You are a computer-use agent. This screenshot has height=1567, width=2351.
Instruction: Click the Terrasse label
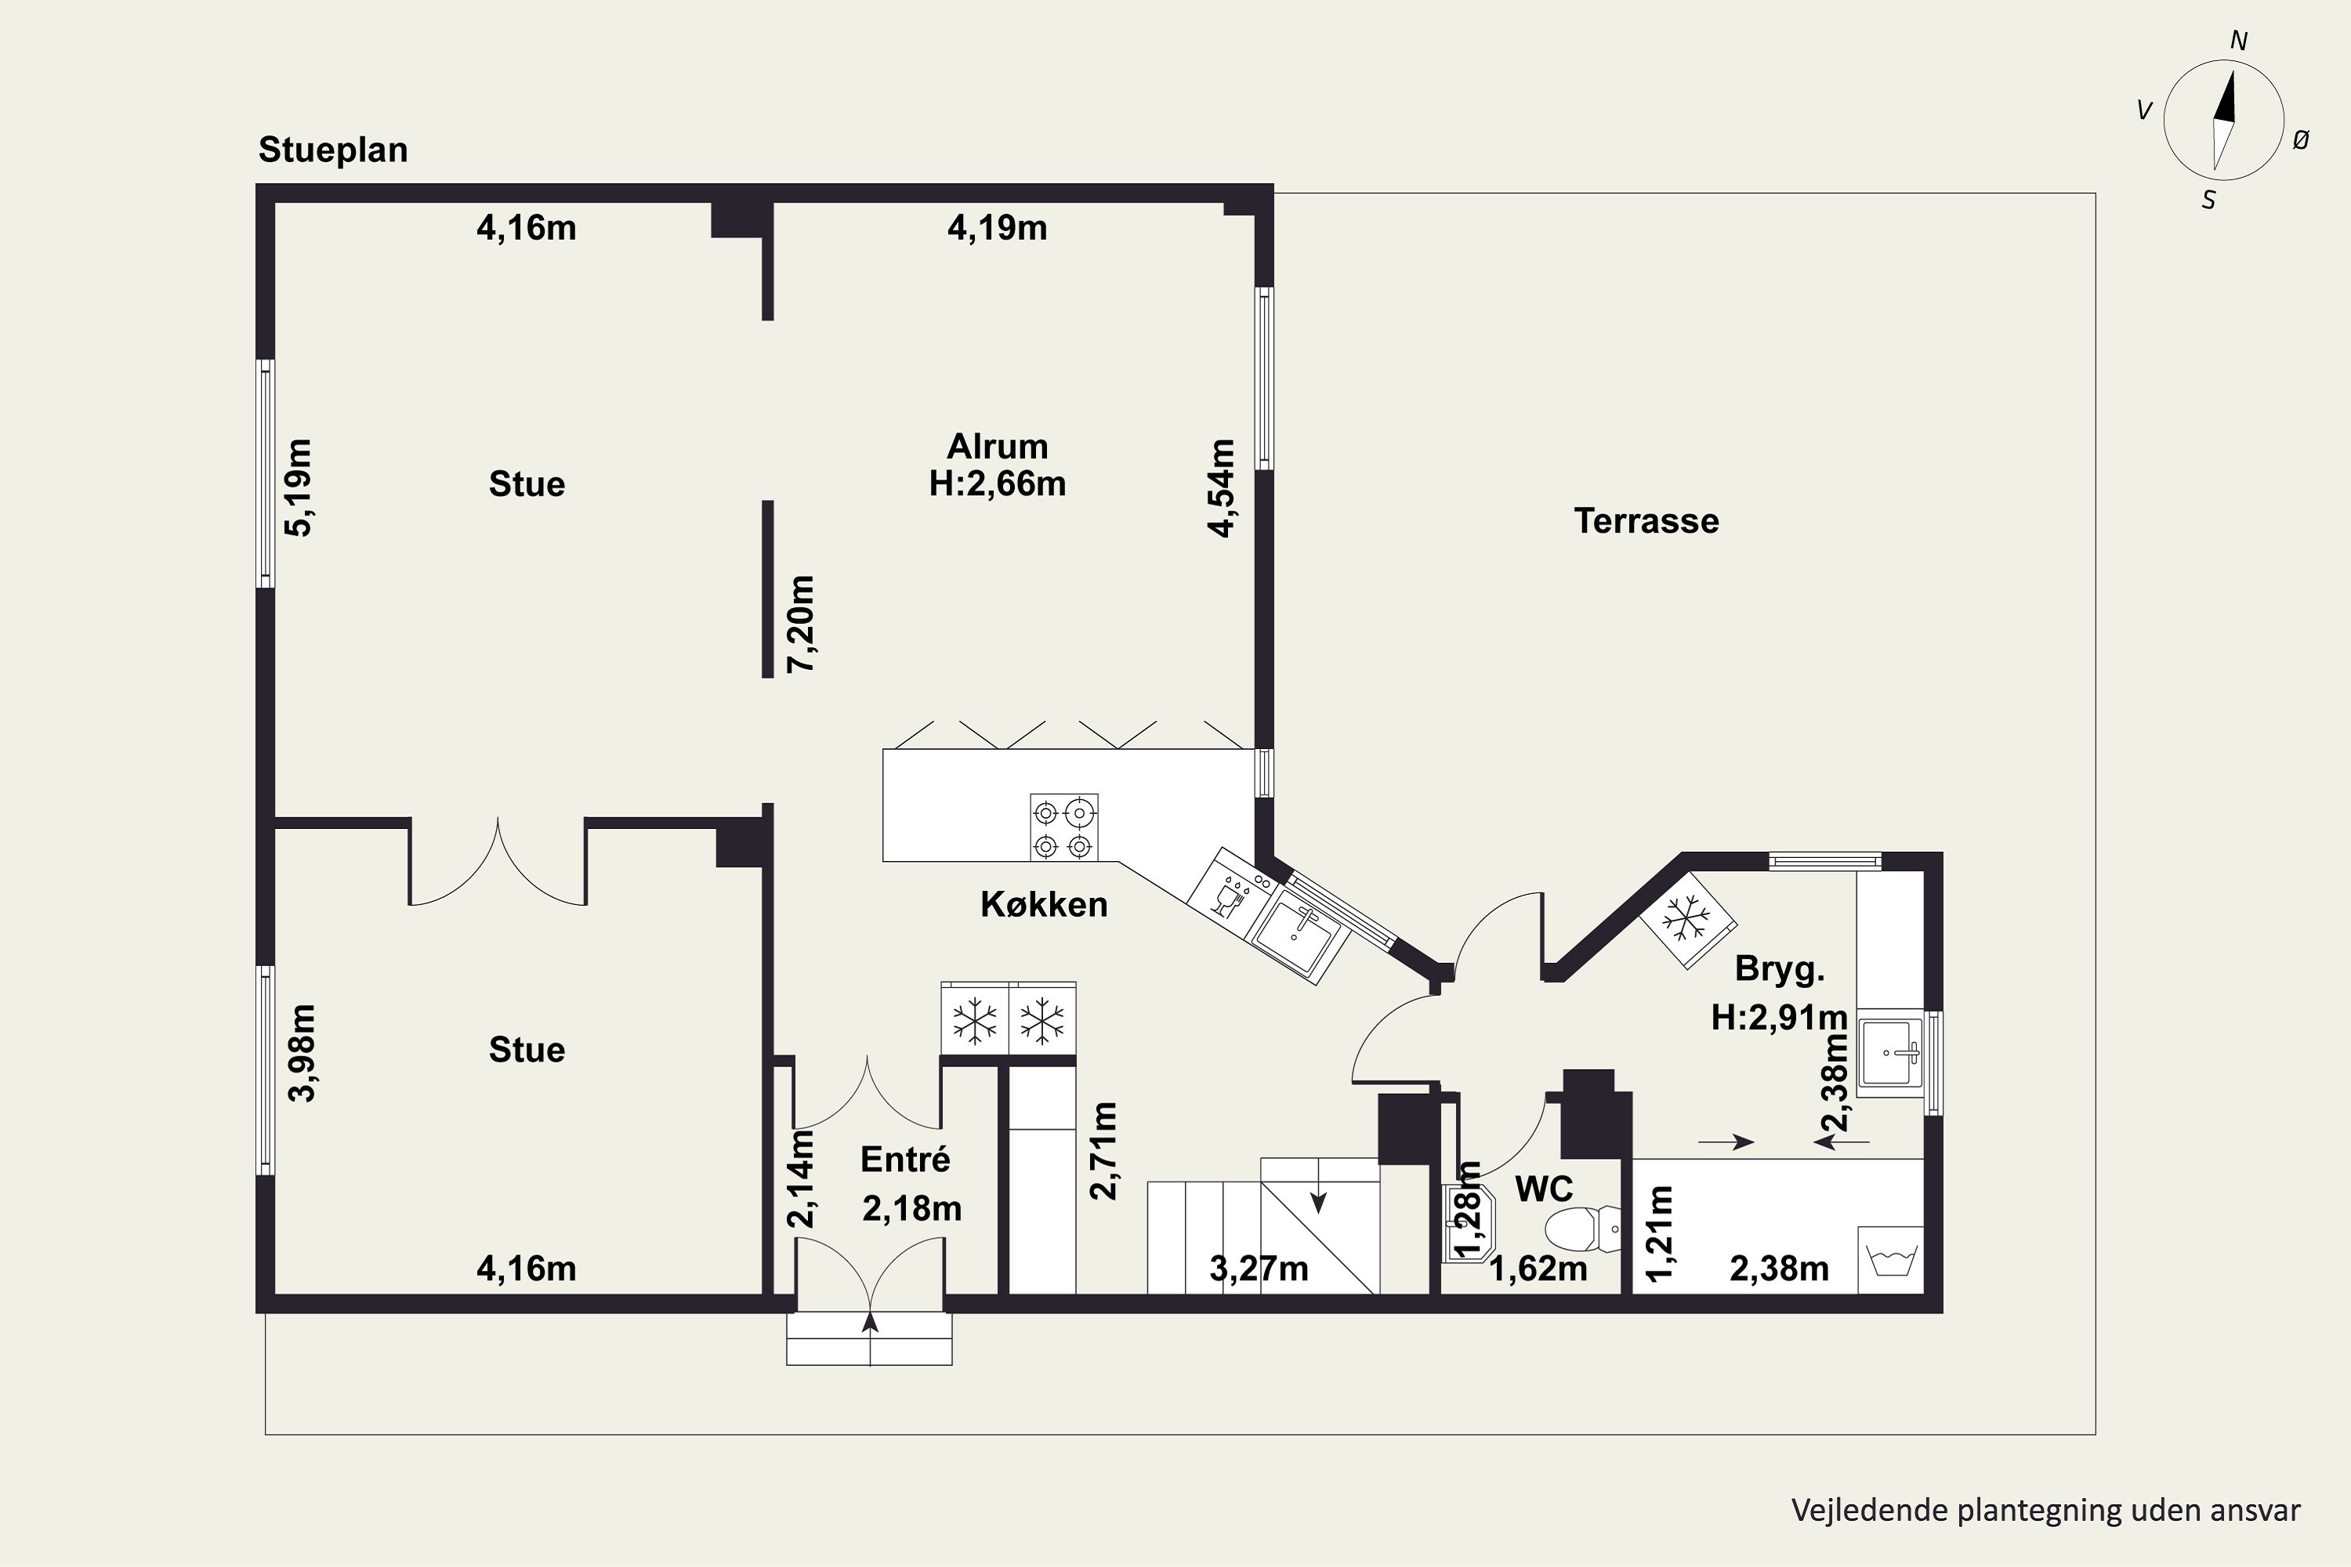point(1646,521)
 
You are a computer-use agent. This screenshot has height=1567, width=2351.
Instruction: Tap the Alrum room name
point(998,446)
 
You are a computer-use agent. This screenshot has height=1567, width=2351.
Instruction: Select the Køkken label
point(1044,904)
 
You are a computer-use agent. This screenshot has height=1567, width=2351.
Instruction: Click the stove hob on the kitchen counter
point(1063,827)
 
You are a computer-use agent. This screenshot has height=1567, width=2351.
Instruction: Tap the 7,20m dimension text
point(801,624)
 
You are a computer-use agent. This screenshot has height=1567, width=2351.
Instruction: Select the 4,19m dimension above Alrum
point(998,228)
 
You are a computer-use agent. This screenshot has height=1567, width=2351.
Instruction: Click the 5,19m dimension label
point(299,487)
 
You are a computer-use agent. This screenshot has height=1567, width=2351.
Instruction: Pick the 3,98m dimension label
point(301,1053)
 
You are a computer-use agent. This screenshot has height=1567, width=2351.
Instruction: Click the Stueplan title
point(333,150)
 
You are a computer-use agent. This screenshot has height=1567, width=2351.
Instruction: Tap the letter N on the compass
point(2239,41)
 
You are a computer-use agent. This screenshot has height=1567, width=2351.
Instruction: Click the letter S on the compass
point(2209,201)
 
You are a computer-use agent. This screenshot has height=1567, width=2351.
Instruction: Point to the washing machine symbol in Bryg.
point(1891,1260)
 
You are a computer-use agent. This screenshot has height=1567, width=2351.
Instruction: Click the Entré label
point(906,1160)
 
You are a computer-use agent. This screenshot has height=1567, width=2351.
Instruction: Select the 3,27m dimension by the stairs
point(1259,1269)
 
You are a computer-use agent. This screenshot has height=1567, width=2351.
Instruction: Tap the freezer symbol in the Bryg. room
point(1686,919)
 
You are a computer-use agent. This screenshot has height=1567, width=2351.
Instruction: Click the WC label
point(1545,1189)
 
